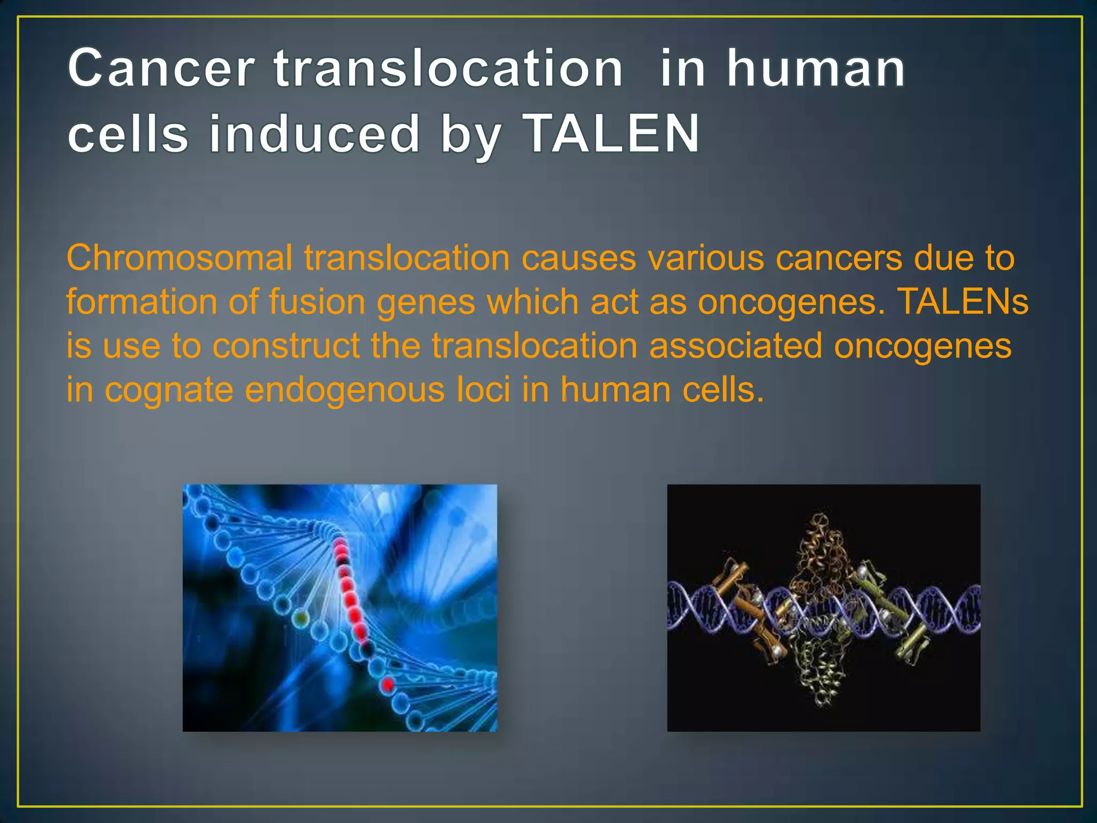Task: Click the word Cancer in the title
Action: point(161,68)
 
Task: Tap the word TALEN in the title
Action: point(611,133)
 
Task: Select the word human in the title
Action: point(815,68)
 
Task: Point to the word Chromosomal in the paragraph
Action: point(179,258)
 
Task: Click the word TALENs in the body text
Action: point(963,302)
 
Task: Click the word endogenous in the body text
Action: point(344,390)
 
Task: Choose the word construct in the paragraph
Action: point(286,346)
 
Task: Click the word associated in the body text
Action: point(735,346)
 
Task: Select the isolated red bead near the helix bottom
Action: point(387,684)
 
